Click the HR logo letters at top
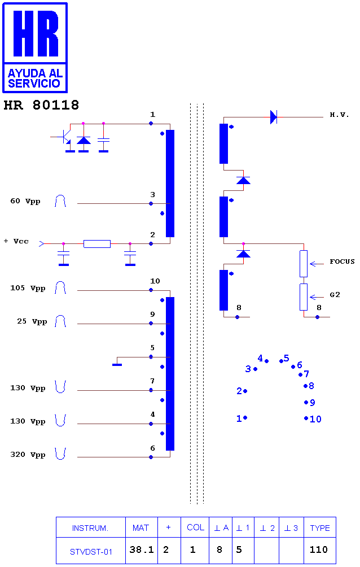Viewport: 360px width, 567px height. pos(36,33)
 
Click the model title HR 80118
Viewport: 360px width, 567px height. pos(41,105)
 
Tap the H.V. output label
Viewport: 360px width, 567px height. pos(339,115)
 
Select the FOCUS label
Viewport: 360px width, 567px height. pos(342,261)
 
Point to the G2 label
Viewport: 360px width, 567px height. pos(335,295)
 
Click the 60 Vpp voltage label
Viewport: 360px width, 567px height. pos(25,202)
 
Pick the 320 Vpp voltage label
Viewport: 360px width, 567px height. pos(28,455)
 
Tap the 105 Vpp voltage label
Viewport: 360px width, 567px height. pos(28,288)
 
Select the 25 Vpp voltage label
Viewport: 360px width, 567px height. pos(32,321)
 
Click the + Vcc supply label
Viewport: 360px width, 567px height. pos(16,241)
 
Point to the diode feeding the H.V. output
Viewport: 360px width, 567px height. pos(274,117)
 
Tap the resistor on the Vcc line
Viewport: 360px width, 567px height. pos(97,244)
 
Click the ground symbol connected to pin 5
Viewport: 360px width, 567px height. pos(117,364)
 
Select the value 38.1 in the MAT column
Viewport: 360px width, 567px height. pos(142,549)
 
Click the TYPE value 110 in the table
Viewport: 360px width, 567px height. pos(318,549)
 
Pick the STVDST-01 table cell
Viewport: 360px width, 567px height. pos(91,552)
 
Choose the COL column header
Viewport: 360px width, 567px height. pos(196,527)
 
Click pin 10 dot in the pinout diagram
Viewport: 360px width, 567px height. pos(306,418)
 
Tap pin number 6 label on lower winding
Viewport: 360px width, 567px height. pos(152,448)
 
